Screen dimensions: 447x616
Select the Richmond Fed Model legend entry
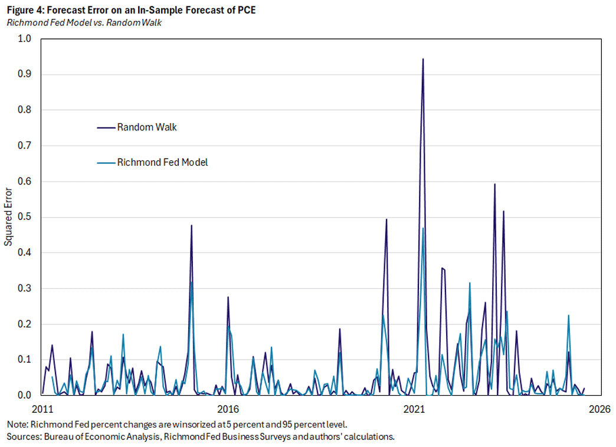click(162, 162)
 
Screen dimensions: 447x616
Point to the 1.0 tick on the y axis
click(26, 39)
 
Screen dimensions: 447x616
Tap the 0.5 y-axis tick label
click(26, 217)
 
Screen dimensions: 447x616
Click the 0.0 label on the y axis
click(26, 395)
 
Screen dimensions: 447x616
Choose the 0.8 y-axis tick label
click(26, 110)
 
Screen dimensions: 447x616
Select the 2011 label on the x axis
click(42, 408)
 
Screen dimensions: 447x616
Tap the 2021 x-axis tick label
click(414, 408)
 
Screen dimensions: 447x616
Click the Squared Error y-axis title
click(8, 217)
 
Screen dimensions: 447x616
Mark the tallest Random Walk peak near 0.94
click(423, 59)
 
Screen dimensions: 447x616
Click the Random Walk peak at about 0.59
click(494, 185)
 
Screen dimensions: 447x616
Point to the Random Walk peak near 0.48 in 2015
click(191, 225)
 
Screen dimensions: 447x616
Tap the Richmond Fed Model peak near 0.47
click(423, 228)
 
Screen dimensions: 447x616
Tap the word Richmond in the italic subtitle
click(24, 22)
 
